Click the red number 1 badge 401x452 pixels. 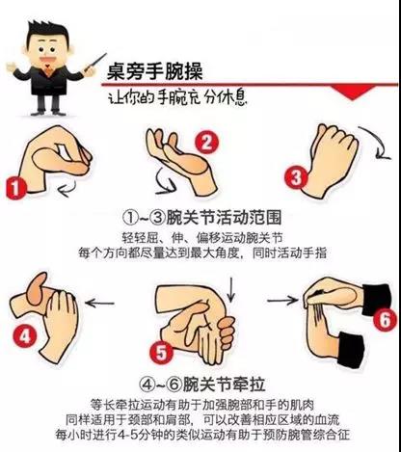(x=15, y=188)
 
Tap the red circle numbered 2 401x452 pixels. (x=207, y=142)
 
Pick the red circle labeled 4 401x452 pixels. (x=25, y=336)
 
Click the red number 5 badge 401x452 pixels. (x=161, y=353)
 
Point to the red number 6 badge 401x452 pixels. (x=385, y=319)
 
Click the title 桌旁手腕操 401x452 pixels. (x=155, y=71)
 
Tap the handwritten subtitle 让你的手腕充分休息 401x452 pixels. (x=177, y=97)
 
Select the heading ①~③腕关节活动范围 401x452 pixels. (x=202, y=218)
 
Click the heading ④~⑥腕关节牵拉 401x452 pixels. (x=202, y=384)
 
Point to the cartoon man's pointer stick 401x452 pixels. (x=95, y=62)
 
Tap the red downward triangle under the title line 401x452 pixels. (x=353, y=93)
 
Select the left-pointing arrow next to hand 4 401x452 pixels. (x=99, y=303)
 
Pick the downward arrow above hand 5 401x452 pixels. (x=230, y=289)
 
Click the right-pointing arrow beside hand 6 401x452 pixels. (x=282, y=300)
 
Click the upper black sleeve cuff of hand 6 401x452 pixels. (x=377, y=299)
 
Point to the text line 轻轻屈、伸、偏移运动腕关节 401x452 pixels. (x=202, y=238)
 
